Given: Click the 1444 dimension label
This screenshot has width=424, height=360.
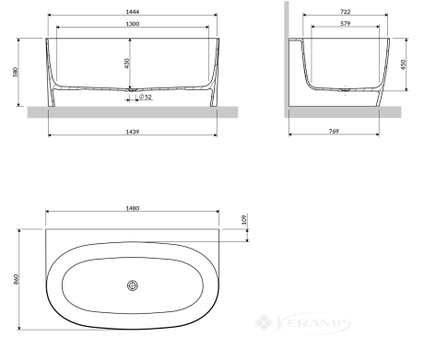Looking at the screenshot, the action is [133, 12].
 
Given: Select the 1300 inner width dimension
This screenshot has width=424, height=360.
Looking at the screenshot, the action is [133, 24].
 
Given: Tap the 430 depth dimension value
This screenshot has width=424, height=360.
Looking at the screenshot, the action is [127, 64].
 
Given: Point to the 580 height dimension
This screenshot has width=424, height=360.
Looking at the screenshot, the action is [16, 72].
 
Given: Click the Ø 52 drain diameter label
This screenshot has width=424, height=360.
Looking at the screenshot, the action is [146, 97].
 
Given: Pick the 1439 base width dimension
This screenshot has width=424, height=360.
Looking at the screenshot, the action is [133, 132].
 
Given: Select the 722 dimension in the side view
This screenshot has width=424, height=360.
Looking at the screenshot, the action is [346, 12].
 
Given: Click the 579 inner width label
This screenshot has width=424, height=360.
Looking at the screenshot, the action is [346, 23].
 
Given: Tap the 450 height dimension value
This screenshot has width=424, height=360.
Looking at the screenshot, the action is [404, 64].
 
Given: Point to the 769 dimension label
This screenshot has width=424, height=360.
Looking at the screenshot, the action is [334, 131].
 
